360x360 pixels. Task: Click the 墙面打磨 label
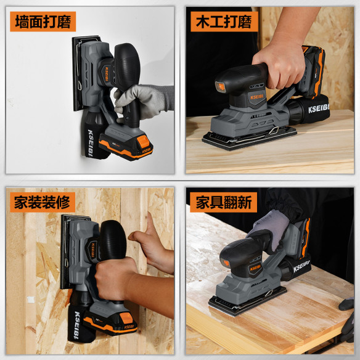(x=44, y=23)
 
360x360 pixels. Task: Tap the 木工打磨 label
(x=223, y=23)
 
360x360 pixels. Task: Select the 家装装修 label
(x=44, y=202)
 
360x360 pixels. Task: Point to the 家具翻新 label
(x=223, y=202)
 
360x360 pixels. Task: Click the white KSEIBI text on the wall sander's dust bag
(x=88, y=142)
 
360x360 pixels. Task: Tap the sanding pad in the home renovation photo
(x=67, y=253)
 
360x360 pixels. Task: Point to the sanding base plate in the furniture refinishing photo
(x=247, y=303)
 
